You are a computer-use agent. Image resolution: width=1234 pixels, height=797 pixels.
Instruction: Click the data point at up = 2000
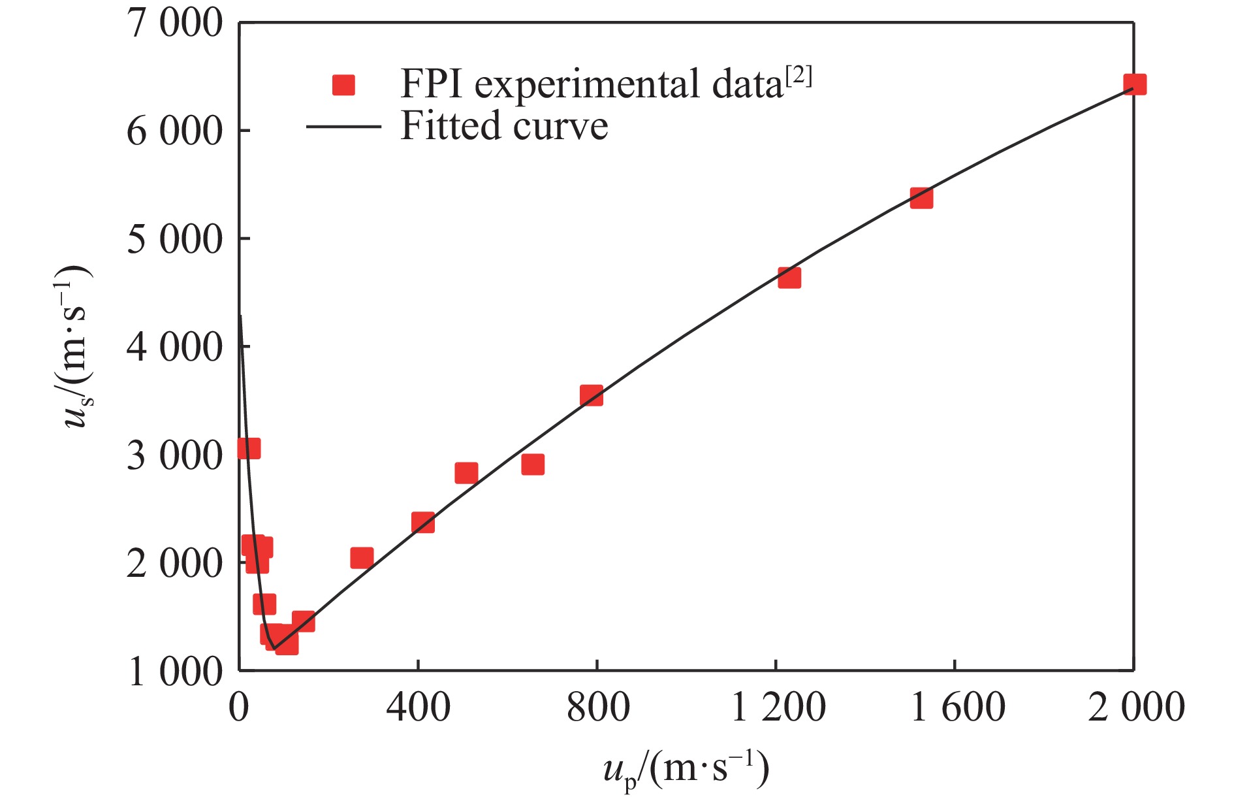[x=1135, y=84]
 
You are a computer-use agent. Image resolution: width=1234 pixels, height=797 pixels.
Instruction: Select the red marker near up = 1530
[x=921, y=197]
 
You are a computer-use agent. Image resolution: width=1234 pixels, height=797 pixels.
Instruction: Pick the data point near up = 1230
[x=789, y=278]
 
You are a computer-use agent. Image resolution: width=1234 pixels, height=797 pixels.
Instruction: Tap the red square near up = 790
[x=592, y=395]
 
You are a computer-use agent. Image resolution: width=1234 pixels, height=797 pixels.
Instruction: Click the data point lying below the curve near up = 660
[x=533, y=464]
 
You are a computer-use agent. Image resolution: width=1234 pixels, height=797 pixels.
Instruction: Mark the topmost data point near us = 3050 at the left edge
[x=249, y=449]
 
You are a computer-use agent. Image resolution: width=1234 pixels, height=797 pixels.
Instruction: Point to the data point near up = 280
[x=362, y=558]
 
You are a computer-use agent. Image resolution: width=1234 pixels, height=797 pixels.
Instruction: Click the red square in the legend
[x=343, y=85]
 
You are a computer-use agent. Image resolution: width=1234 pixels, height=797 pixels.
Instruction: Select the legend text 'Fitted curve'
[x=504, y=125]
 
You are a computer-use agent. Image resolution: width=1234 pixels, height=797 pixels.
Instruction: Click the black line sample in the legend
[x=343, y=126]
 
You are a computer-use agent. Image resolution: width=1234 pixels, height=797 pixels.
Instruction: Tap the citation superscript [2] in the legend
[x=799, y=77]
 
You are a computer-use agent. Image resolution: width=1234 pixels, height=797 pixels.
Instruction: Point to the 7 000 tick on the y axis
[x=175, y=24]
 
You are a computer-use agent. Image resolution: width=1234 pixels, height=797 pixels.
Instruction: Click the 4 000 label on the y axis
[x=175, y=346]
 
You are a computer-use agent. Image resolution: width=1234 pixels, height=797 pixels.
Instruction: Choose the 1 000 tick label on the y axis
[x=175, y=671]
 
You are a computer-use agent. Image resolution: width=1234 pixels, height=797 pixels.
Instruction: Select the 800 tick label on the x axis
[x=597, y=707]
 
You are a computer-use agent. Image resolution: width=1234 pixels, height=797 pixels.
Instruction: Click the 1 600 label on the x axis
[x=957, y=707]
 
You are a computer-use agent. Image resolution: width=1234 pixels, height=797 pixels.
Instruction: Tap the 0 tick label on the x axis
[x=239, y=707]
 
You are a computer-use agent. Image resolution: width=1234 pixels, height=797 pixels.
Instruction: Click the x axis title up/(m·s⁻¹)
[x=686, y=770]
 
